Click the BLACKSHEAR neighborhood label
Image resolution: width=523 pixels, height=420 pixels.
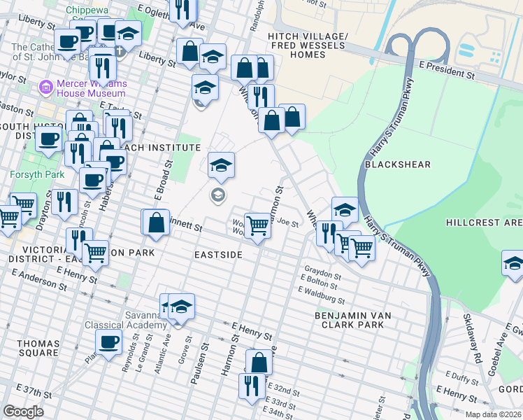(x=397, y=164)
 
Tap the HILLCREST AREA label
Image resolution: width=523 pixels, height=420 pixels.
(x=484, y=223)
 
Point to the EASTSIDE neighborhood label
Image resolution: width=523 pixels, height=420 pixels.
(x=218, y=255)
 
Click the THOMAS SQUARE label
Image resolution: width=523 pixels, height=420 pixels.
(x=38, y=348)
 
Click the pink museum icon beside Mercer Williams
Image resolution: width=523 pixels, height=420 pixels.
(x=45, y=87)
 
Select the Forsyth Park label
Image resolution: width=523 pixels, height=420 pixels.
(x=26, y=173)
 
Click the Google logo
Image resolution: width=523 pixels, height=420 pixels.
(x=23, y=411)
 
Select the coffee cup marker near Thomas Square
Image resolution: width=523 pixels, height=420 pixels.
(x=108, y=342)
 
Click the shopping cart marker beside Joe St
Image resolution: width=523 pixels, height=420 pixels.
(x=258, y=225)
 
